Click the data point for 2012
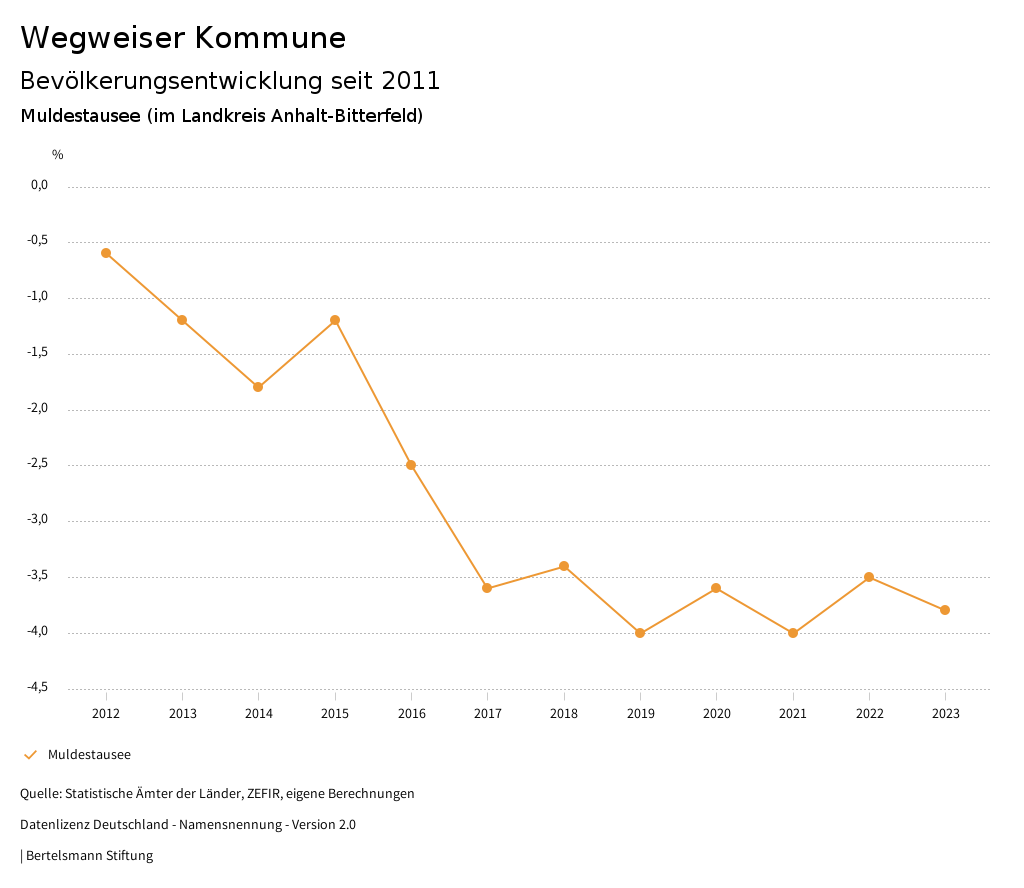point(106,253)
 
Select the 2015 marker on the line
point(335,320)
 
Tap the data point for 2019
point(640,633)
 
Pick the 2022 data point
point(869,577)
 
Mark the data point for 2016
point(411,465)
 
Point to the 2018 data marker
point(564,566)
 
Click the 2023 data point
point(945,610)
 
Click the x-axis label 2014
point(259,714)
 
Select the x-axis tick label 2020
point(716,714)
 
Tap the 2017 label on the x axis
point(487,714)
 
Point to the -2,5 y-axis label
point(37,464)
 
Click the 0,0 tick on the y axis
point(39,185)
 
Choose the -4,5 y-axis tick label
point(37,687)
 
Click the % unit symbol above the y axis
point(58,155)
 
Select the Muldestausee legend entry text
point(89,755)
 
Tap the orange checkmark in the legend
point(30,755)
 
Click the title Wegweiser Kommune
point(183,38)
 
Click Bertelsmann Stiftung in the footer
point(89,856)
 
